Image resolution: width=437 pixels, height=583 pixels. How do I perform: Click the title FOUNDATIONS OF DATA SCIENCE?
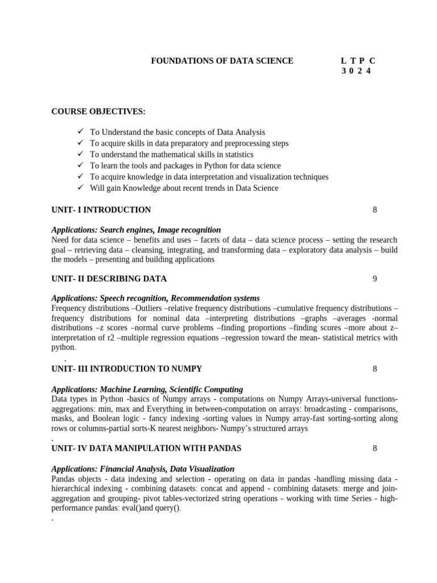[x=222, y=60]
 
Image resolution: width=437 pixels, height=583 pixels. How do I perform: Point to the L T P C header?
[x=358, y=60]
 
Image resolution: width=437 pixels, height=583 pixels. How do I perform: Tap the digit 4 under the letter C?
[x=369, y=71]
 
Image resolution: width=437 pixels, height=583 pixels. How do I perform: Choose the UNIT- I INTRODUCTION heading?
[x=101, y=210]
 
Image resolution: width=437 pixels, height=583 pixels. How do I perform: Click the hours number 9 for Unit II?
[x=375, y=279]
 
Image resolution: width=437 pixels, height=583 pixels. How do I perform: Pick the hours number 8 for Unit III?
[x=375, y=369]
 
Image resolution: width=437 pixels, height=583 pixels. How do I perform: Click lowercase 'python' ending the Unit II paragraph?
[x=63, y=347]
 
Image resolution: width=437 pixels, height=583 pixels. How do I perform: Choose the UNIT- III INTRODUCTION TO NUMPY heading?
[x=126, y=369]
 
